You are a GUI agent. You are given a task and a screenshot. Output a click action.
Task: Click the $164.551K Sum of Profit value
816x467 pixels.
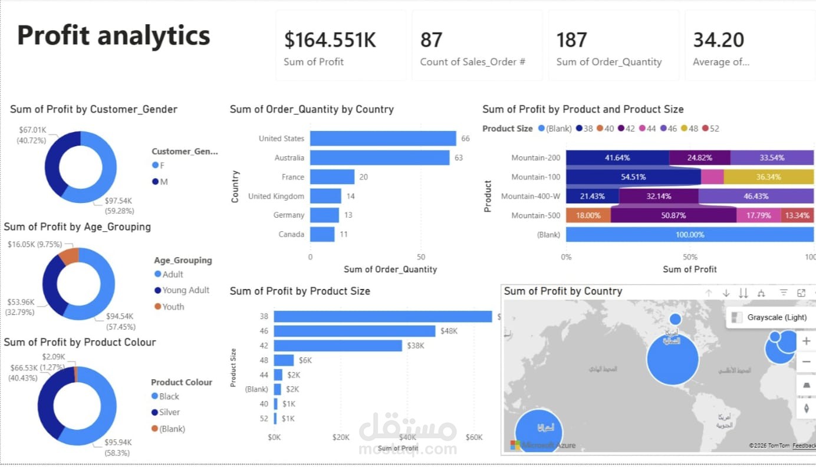click(x=330, y=40)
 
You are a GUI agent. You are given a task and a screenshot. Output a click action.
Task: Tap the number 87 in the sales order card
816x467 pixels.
click(x=431, y=40)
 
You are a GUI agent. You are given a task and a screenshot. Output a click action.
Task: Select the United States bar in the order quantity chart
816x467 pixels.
click(x=383, y=139)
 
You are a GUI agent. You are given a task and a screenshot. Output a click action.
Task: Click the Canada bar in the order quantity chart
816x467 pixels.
click(x=322, y=234)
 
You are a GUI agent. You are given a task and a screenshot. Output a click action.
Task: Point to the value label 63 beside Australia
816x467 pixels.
click(x=458, y=158)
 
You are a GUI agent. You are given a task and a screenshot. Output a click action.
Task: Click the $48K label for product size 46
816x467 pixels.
click(x=449, y=331)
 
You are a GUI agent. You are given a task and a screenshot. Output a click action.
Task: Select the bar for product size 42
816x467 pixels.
click(x=338, y=346)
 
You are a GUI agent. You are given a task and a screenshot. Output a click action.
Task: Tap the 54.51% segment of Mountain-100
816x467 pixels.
click(x=633, y=177)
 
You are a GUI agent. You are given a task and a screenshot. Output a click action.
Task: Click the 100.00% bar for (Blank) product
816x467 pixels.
click(x=689, y=235)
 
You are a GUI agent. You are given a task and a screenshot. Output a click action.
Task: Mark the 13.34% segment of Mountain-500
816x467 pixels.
click(x=797, y=215)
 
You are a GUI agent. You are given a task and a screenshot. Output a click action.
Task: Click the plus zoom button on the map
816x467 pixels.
click(x=805, y=341)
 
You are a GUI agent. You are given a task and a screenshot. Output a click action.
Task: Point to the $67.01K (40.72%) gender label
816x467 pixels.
click(x=32, y=134)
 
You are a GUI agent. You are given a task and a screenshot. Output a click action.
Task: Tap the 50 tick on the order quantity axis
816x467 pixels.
click(x=420, y=257)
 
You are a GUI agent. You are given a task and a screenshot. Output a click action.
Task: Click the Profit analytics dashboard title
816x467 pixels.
click(x=113, y=35)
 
